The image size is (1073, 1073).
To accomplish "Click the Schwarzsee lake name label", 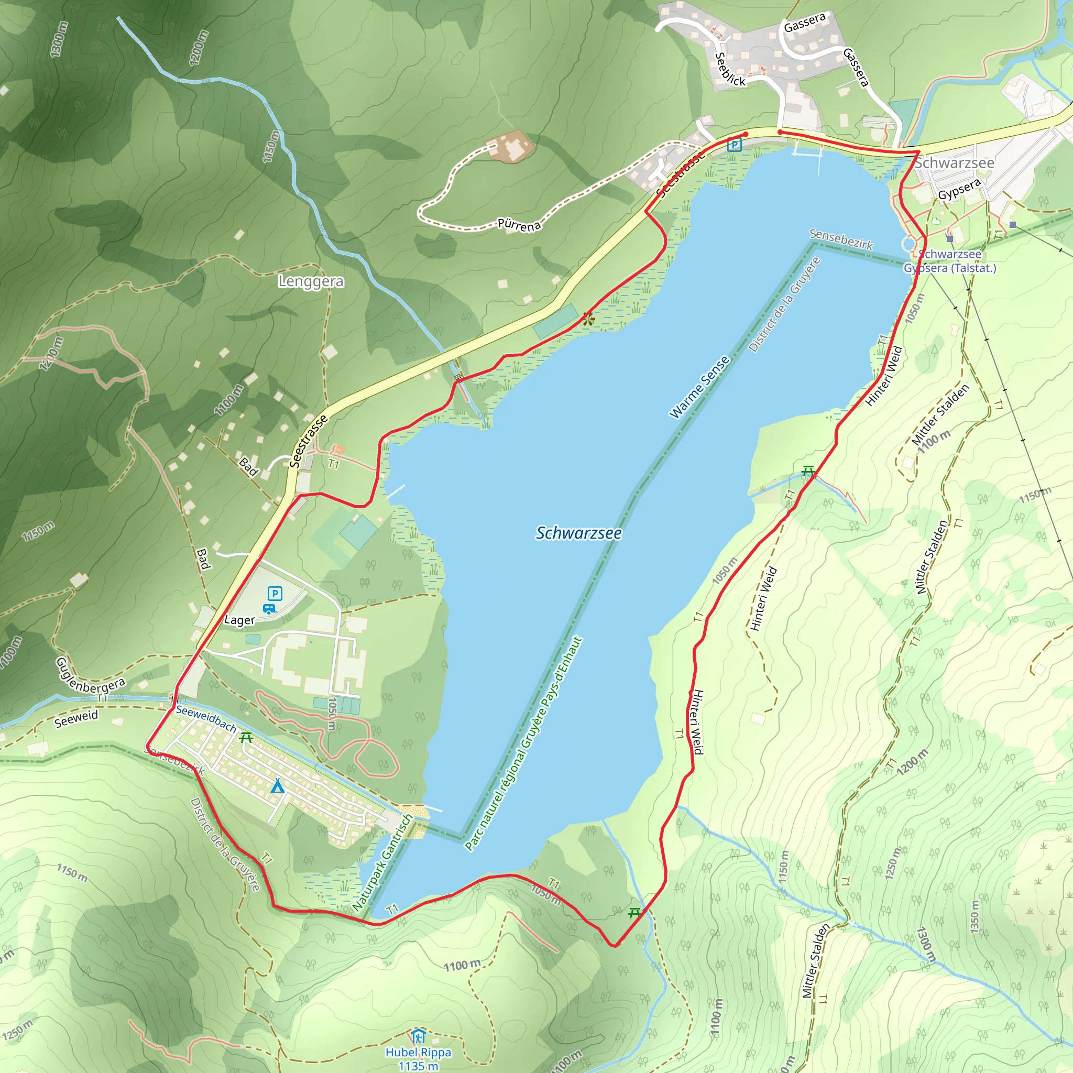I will click(x=578, y=533).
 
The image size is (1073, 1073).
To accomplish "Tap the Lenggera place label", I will click(x=311, y=281).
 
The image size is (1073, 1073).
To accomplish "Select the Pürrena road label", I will click(x=519, y=225).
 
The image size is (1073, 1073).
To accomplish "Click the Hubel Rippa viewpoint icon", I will click(x=418, y=1036).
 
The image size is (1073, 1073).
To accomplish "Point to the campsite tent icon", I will click(x=277, y=786).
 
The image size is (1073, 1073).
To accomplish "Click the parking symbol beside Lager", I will click(x=275, y=593).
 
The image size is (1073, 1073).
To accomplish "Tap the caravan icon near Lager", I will click(x=269, y=609).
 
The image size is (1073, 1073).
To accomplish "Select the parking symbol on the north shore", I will click(x=734, y=145).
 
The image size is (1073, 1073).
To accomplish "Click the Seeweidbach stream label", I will click(x=206, y=719).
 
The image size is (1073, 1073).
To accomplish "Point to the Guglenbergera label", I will click(x=91, y=676).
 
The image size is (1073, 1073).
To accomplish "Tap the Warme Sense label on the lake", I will click(x=699, y=387).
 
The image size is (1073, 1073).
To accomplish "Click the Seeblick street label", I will click(x=729, y=70).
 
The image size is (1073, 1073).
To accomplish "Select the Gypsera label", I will click(x=959, y=189).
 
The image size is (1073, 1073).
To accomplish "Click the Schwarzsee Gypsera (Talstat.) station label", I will click(x=950, y=261).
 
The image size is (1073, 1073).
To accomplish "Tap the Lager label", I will click(x=239, y=620).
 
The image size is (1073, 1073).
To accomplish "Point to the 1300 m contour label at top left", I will click(x=59, y=39).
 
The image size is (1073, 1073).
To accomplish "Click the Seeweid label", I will click(x=76, y=718).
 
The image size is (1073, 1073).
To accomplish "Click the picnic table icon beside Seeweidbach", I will click(x=247, y=738).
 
